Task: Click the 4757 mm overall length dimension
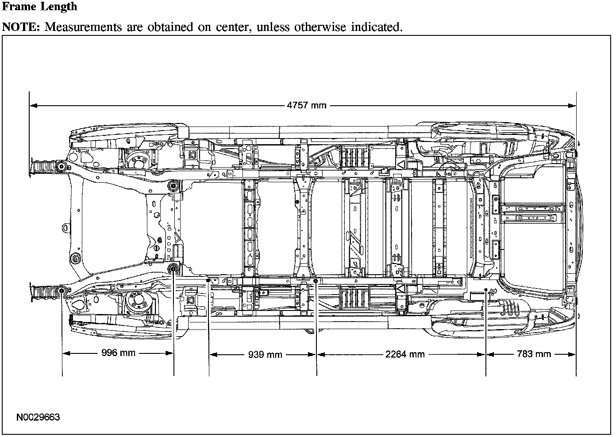pyautogui.click(x=307, y=106)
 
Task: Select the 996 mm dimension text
pyautogui.click(x=118, y=353)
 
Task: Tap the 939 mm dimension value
pyautogui.click(x=265, y=355)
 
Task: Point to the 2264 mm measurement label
pyautogui.click(x=405, y=354)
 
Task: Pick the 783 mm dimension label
pyautogui.click(x=534, y=354)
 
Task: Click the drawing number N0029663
pyautogui.click(x=38, y=417)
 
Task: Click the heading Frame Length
pyautogui.click(x=39, y=7)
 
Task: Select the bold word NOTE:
pyautogui.click(x=21, y=27)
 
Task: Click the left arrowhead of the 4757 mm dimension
pyautogui.click(x=33, y=106)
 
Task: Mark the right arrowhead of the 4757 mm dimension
pyautogui.click(x=572, y=106)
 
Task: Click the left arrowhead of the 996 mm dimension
pyautogui.click(x=66, y=353)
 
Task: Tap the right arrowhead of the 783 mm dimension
pyautogui.click(x=572, y=355)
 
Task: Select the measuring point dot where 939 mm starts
pyautogui.click(x=208, y=280)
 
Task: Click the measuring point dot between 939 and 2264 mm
pyautogui.click(x=316, y=280)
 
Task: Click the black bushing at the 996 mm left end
pyautogui.click(x=62, y=291)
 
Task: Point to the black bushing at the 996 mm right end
pyautogui.click(x=173, y=268)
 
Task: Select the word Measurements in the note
pyautogui.click(x=83, y=27)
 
